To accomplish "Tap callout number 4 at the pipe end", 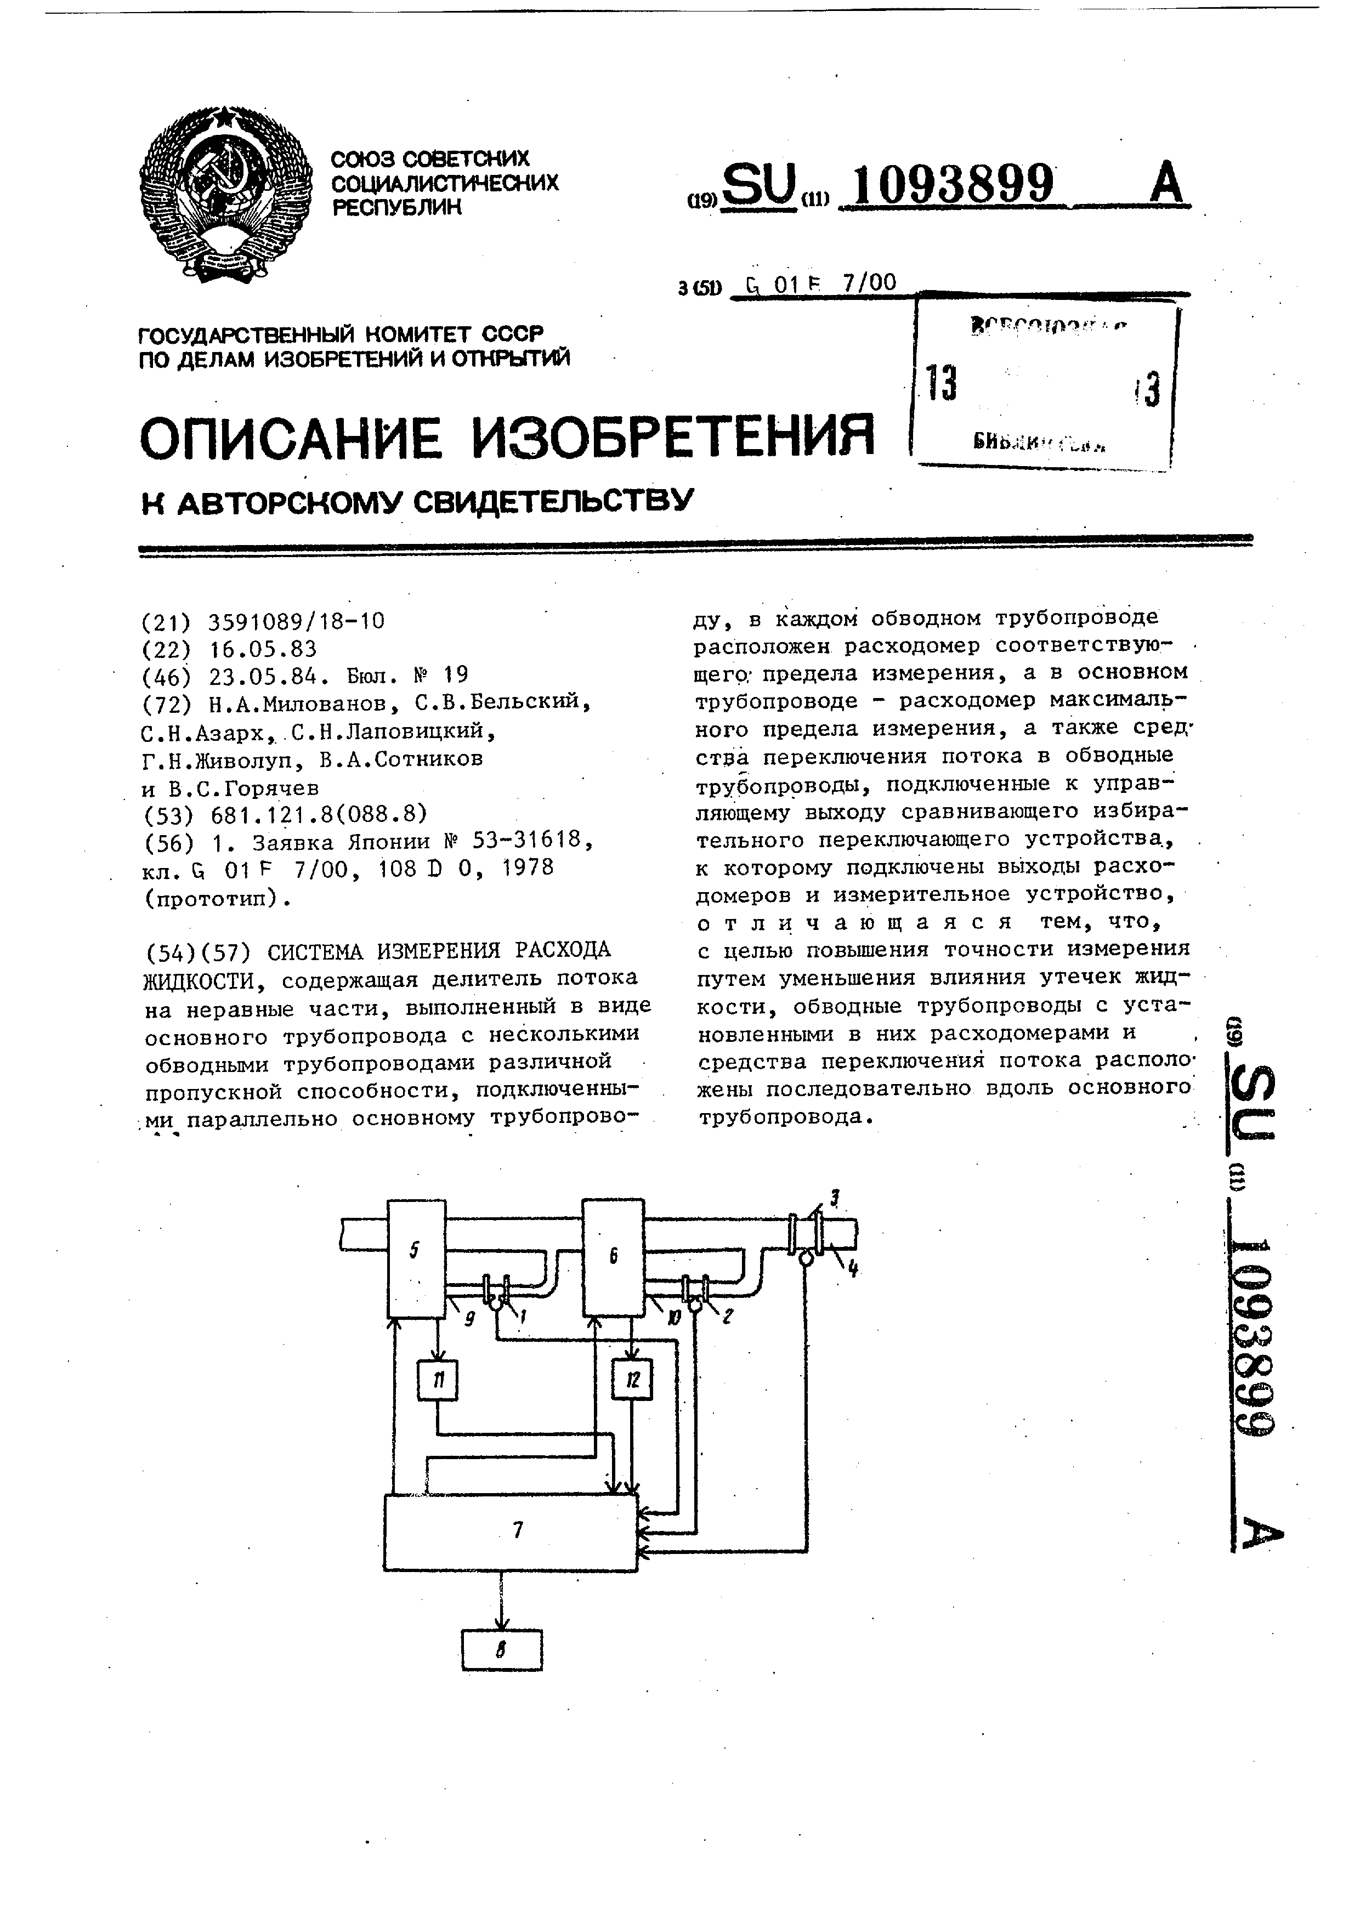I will pyautogui.click(x=853, y=1269).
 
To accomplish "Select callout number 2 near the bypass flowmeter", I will pyautogui.click(x=727, y=1316).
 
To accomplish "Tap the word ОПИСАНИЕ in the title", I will pyautogui.click(x=290, y=437).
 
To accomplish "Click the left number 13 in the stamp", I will pyautogui.click(x=941, y=384).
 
